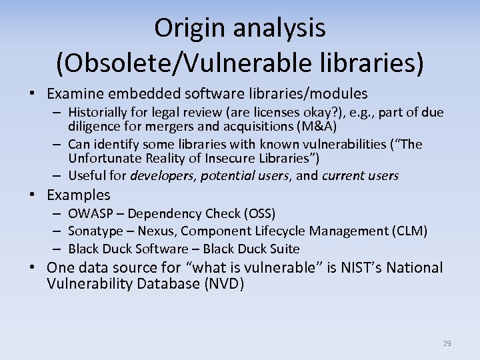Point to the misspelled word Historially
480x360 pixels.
[x=100, y=112]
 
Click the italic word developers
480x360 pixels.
[x=162, y=176]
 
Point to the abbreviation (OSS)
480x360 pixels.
[x=259, y=213]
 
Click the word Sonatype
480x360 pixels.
[x=94, y=231]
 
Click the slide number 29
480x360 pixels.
[x=447, y=343]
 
